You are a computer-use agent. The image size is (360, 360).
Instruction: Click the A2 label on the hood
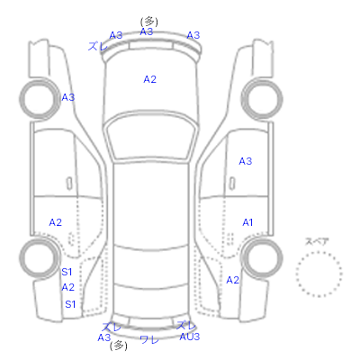[149, 79]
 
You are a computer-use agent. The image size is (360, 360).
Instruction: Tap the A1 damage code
[247, 222]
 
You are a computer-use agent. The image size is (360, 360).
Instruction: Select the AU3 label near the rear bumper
[190, 337]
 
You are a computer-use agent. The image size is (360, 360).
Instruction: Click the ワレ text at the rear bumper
[149, 339]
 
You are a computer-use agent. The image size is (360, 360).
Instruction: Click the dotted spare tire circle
[319, 252]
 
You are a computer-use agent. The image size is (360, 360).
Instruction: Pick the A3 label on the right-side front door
[246, 161]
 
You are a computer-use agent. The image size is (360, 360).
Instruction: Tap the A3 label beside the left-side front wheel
[68, 97]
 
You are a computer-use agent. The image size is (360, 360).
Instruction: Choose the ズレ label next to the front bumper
[98, 47]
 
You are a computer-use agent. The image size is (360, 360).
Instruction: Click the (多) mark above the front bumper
[149, 22]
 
